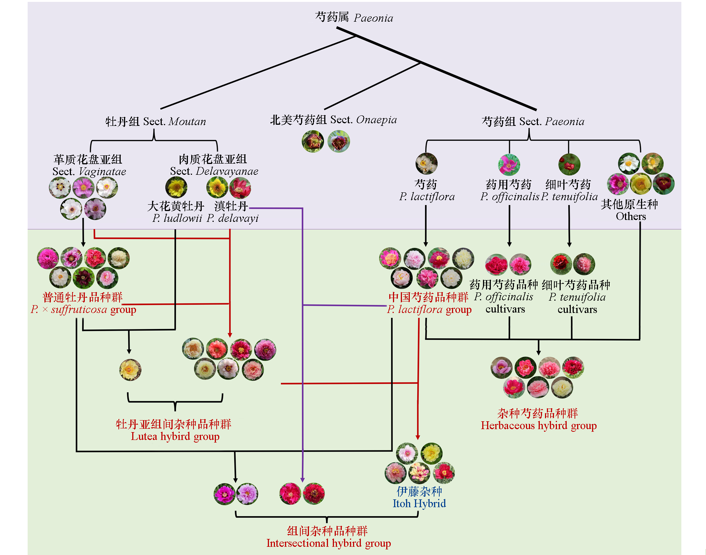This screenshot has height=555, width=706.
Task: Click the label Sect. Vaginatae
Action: click(x=89, y=171)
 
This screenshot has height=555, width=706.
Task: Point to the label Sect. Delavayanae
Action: click(x=214, y=171)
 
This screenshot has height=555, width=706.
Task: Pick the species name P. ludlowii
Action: click(x=177, y=218)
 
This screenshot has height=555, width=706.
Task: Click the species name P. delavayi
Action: click(x=233, y=218)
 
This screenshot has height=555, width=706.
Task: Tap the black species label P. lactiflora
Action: click(x=427, y=196)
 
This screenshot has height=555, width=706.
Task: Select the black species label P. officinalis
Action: click(x=510, y=196)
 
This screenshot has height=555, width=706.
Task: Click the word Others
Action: click(x=631, y=216)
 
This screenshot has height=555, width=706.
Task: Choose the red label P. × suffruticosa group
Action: click(x=83, y=309)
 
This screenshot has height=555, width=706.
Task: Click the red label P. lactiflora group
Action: click(x=429, y=309)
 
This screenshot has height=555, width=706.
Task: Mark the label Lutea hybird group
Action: click(x=175, y=436)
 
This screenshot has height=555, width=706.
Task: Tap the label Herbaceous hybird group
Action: click(x=539, y=425)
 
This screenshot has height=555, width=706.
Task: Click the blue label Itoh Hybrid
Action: click(x=419, y=503)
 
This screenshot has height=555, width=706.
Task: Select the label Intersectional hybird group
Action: click(x=329, y=543)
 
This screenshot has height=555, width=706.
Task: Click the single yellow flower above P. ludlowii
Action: click(x=176, y=187)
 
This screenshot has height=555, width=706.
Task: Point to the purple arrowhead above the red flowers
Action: click(x=303, y=480)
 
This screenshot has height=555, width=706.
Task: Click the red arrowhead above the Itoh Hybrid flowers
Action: click(x=418, y=437)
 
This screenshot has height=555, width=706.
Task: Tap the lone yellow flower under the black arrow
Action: click(x=130, y=370)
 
